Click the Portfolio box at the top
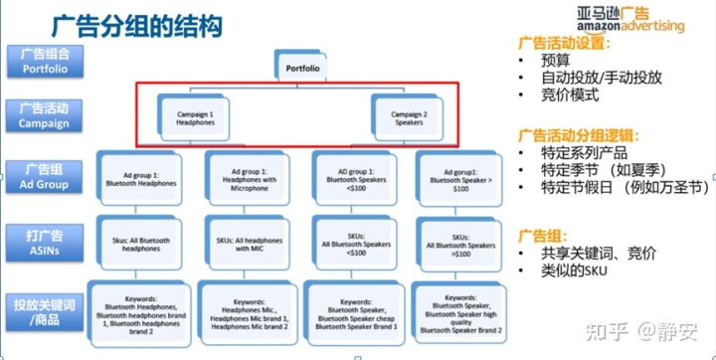(x=301, y=69)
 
